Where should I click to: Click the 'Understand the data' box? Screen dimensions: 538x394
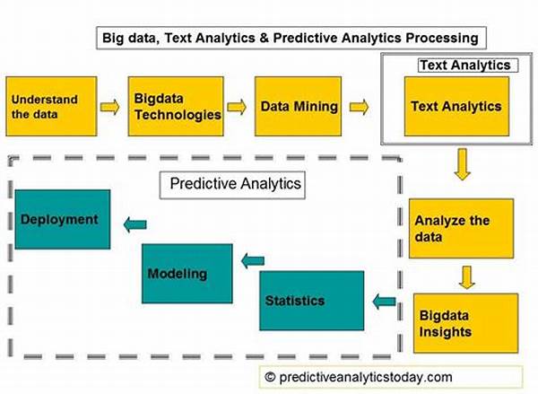coord(51,106)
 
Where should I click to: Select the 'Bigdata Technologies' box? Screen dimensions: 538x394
coord(176,106)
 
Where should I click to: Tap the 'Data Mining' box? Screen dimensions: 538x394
coord(298,106)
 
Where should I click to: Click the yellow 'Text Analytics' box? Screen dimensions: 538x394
coord(456,106)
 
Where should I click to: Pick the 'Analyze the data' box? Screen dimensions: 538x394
coord(461,229)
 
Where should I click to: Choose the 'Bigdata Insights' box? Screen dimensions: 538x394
coord(465,323)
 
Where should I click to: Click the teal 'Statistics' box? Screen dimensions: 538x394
coord(311,301)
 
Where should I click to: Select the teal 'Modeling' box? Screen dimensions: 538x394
coord(187,274)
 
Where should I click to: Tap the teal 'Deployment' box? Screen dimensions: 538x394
coord(63,219)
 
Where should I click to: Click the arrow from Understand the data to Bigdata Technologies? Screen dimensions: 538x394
coord(109,107)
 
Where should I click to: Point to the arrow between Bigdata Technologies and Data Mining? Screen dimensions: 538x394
coord(237,107)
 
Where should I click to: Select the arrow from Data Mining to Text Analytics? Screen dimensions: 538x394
coord(359,107)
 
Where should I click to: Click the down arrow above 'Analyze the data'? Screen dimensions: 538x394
coord(463,164)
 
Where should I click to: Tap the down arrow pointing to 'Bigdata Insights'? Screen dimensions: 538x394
coord(467,276)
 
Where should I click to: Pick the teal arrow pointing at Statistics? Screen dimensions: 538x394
coord(384,302)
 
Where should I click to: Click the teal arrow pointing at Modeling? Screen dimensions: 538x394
coord(253,260)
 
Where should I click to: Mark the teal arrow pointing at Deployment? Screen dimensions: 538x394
coord(134,224)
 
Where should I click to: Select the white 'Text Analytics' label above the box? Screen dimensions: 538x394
coord(468,66)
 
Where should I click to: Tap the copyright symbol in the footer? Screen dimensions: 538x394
coord(270,377)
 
